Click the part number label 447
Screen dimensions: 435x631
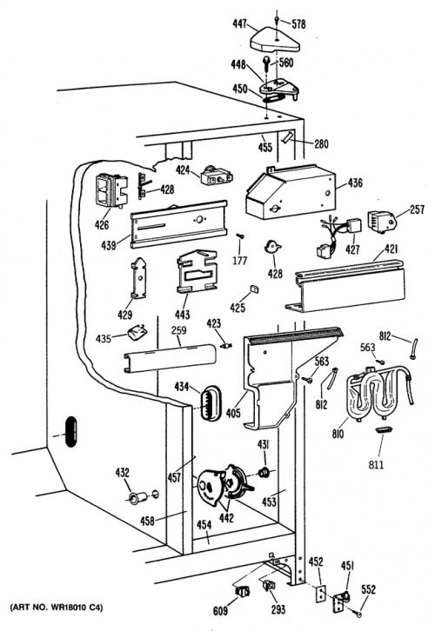(x=239, y=24)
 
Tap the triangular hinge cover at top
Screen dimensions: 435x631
(x=275, y=40)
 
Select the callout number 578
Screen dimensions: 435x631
(x=298, y=24)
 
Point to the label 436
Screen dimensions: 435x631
(x=355, y=183)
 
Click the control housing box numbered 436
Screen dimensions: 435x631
(x=290, y=191)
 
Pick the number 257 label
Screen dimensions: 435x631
(x=417, y=209)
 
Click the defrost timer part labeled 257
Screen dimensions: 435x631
(x=381, y=223)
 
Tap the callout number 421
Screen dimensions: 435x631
(x=391, y=249)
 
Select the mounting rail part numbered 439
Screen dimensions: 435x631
(x=178, y=224)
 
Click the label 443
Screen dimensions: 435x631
(x=182, y=315)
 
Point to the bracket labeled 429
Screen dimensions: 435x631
(x=139, y=278)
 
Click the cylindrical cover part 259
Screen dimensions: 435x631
(x=170, y=358)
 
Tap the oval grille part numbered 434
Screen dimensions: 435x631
(x=211, y=403)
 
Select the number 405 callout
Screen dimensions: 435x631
(x=233, y=413)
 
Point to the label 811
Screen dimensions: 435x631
(x=376, y=465)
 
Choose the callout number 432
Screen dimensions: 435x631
(x=123, y=473)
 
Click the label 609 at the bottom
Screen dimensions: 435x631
(x=220, y=611)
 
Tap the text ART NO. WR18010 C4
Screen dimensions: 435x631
(x=57, y=607)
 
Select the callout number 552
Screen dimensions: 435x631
(x=368, y=589)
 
